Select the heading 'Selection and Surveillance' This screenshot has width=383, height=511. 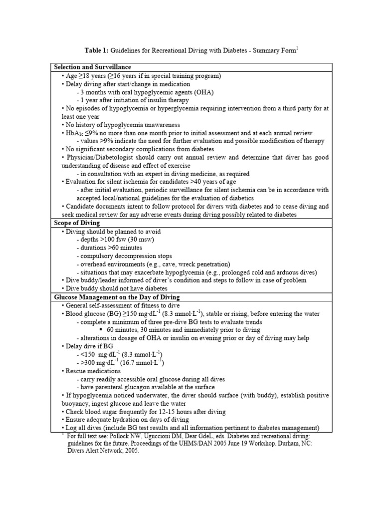coord(92,67)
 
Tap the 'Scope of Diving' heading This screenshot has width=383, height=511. coord(76,224)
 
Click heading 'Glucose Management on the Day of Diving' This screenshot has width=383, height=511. coord(117,297)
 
